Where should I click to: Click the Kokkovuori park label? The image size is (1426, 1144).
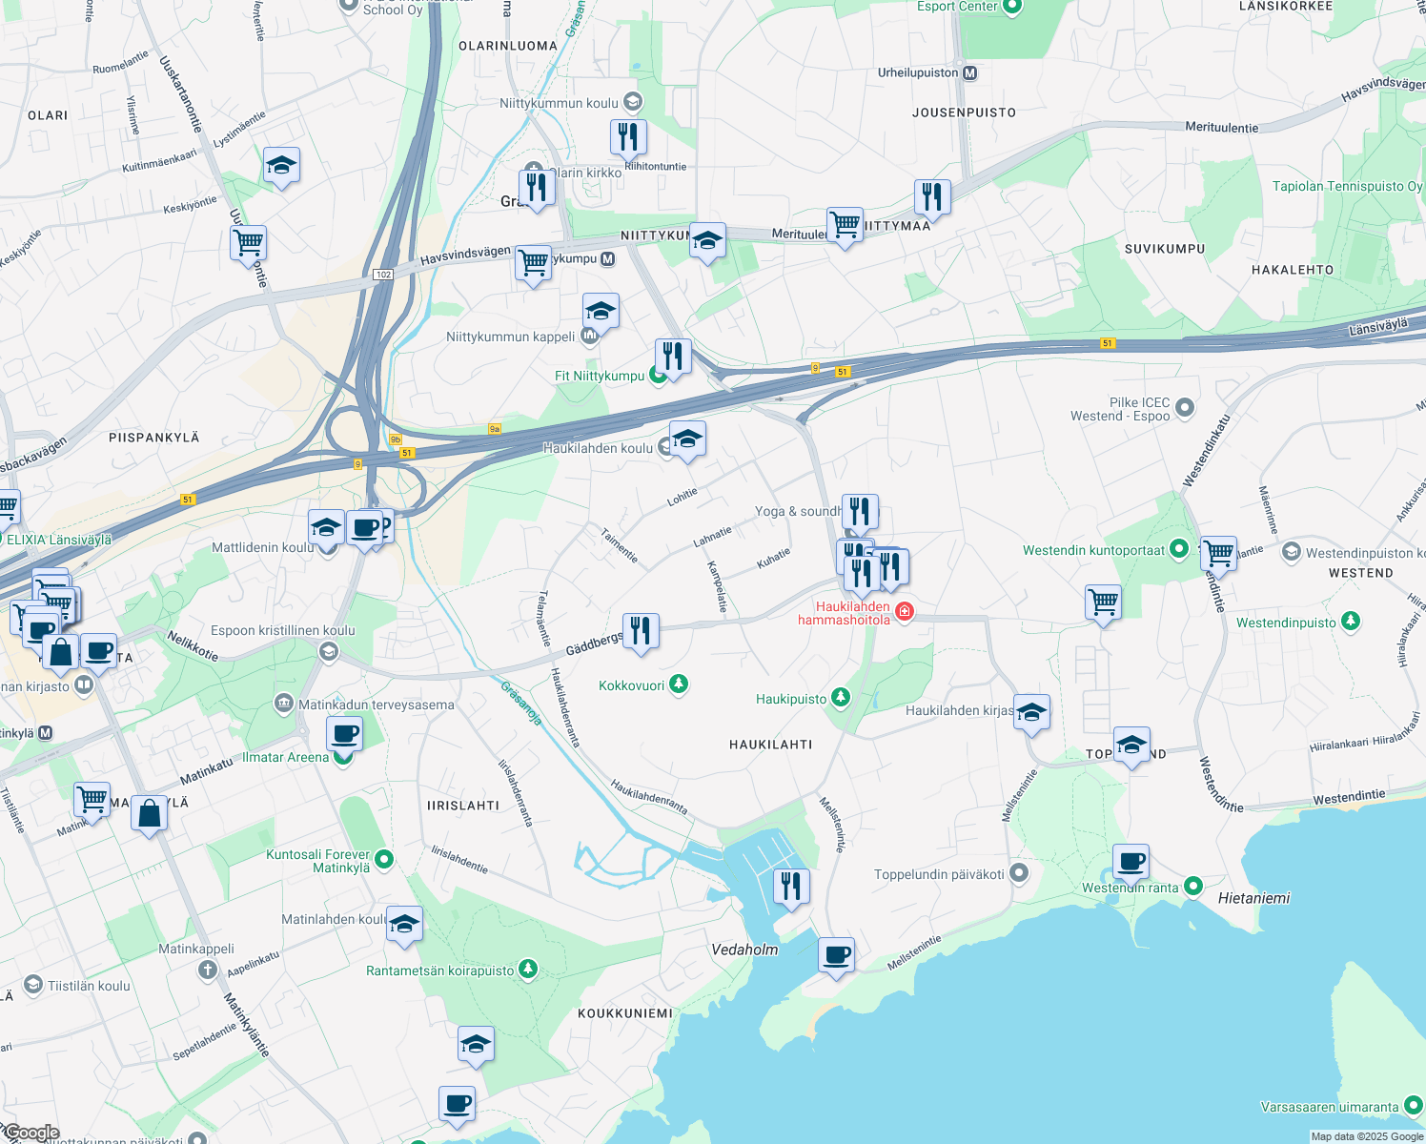631,685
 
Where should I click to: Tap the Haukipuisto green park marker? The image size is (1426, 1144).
840,699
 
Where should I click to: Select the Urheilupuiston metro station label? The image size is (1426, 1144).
918,73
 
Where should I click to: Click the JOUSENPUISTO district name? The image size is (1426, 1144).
964,112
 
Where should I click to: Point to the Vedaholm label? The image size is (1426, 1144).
744,950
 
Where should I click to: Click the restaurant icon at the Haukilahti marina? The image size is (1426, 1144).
791,888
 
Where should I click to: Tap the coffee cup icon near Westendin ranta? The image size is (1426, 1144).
1131,863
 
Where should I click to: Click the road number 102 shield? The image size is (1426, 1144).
383,275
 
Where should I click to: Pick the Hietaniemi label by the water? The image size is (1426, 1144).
1253,898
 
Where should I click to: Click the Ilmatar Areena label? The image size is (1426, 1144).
285,757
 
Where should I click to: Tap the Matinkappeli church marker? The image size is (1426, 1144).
208,970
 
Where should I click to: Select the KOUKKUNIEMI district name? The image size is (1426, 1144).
624,1013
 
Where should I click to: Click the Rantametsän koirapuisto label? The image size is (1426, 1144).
439,970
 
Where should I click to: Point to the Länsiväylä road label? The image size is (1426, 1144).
1377,326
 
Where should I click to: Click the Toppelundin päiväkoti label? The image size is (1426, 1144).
939,874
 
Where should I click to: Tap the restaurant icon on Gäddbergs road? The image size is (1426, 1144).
641,631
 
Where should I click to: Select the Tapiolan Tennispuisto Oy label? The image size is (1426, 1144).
1346,186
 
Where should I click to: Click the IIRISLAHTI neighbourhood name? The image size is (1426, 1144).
463,806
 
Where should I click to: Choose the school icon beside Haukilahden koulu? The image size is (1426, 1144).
687,439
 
